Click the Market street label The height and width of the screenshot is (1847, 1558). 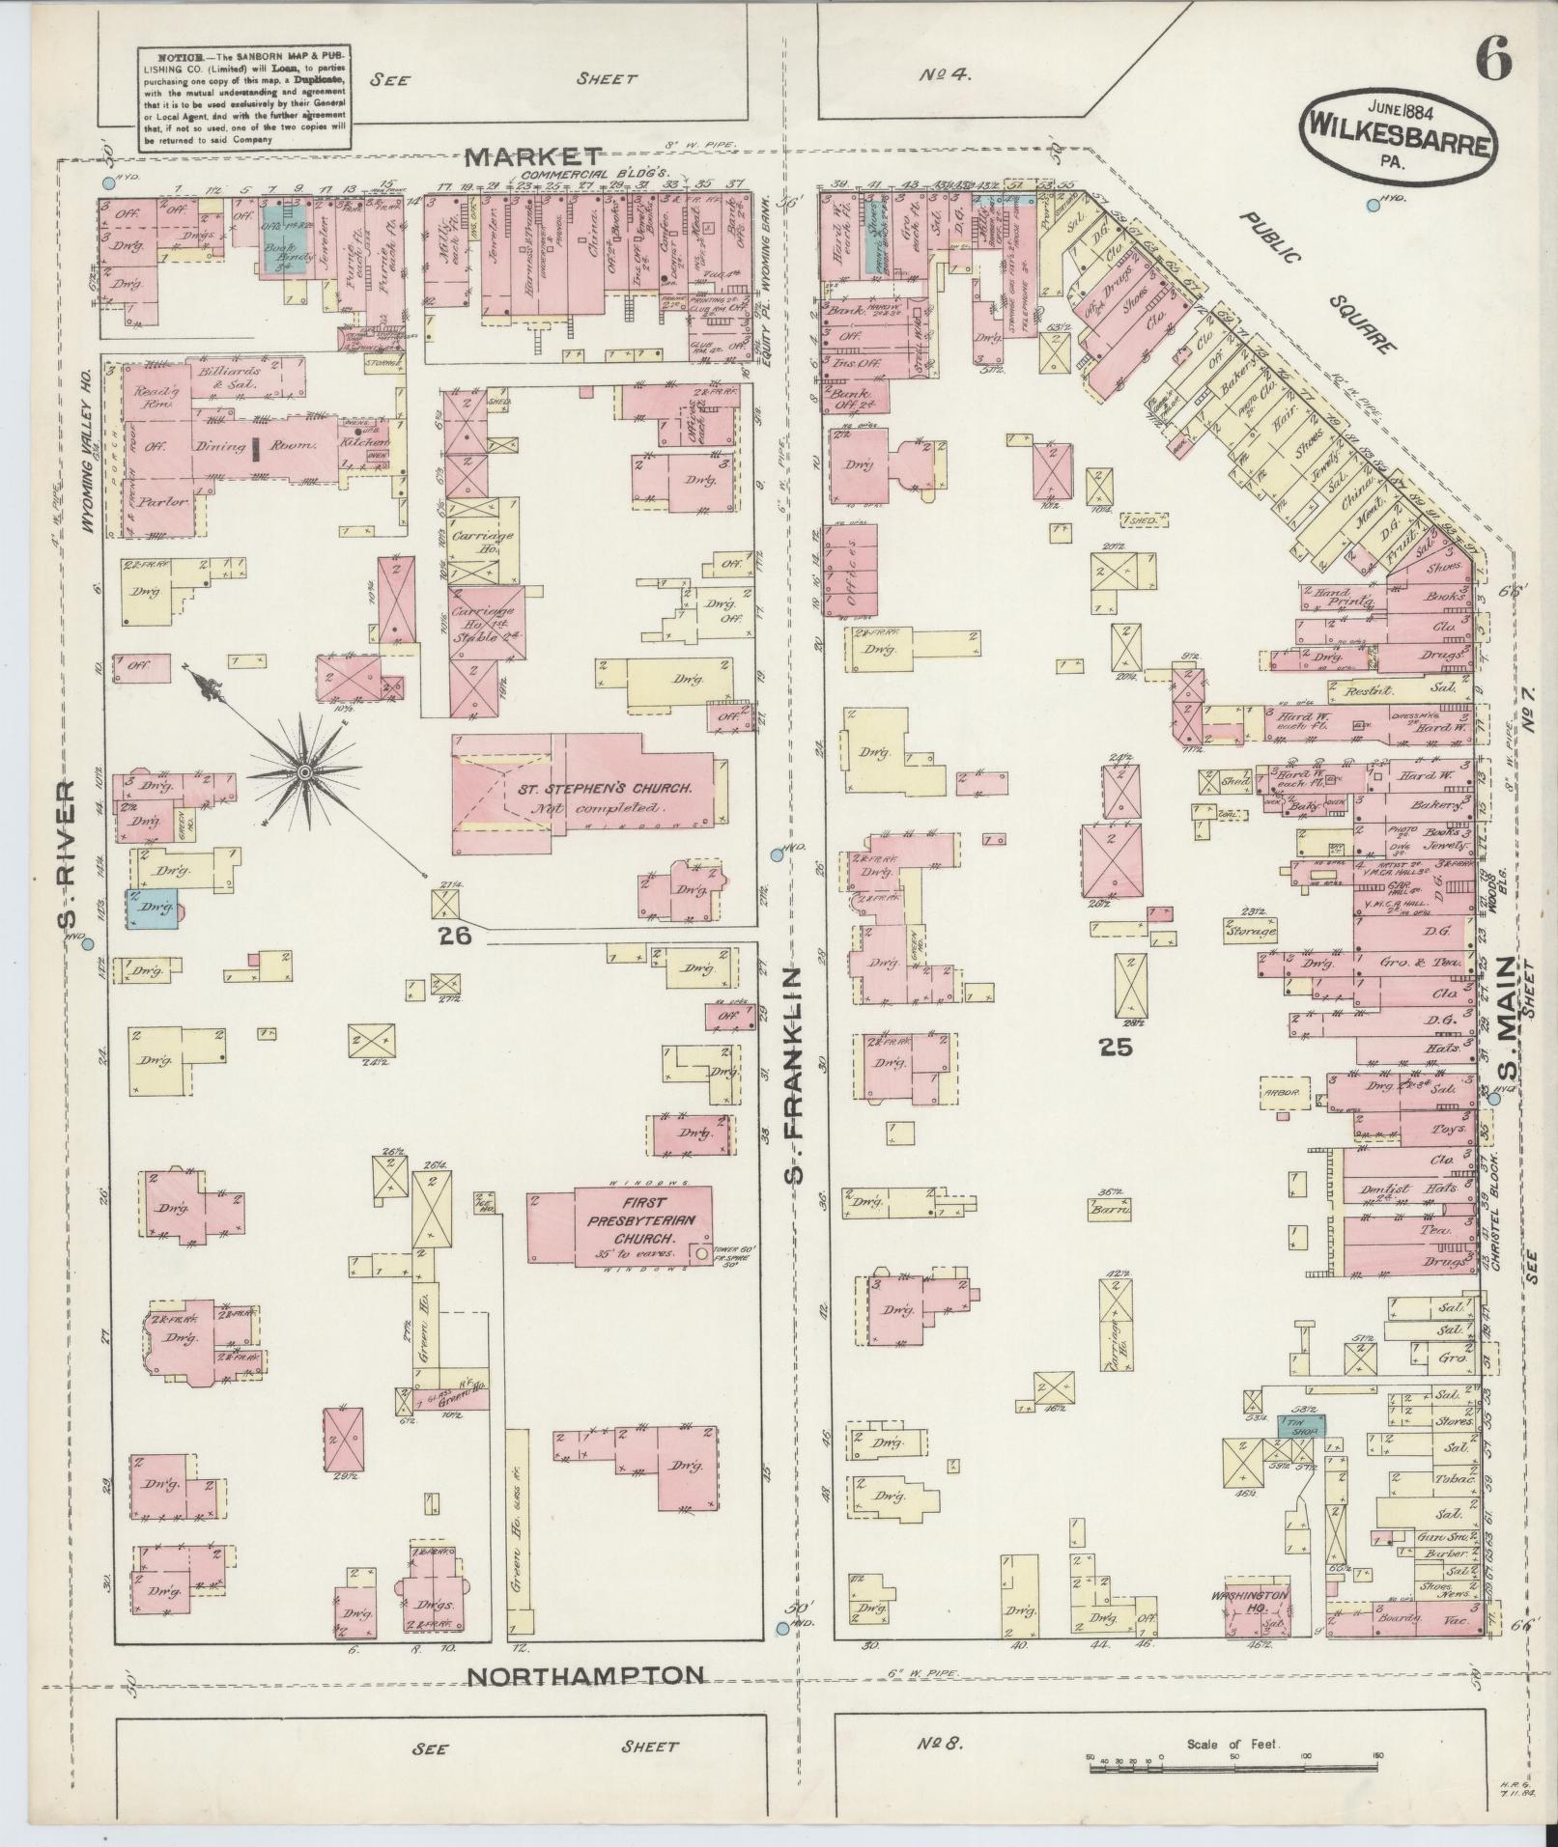tap(534, 156)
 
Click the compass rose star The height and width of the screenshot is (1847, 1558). tap(304, 772)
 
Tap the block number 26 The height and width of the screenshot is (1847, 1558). tap(454, 935)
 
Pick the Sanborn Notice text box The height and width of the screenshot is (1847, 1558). tap(242, 97)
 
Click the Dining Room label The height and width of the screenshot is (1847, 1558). tap(257, 446)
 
